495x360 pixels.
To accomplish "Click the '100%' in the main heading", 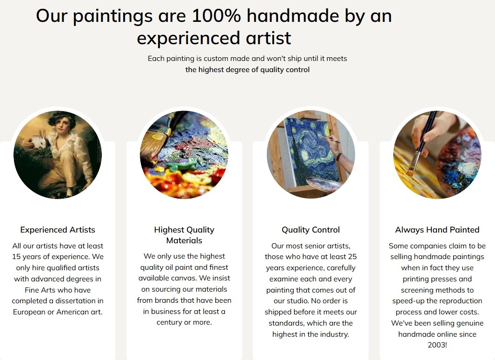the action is point(216,15).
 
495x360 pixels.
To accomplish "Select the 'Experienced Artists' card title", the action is point(58,230).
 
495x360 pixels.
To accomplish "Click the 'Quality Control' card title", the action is point(310,230).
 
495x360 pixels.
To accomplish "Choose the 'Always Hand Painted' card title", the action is point(437,230).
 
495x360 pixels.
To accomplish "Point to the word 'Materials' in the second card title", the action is point(184,240).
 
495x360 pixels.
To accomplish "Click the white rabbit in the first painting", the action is point(40,141).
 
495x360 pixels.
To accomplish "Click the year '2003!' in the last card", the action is point(437,345).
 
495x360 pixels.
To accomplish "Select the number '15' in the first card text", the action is point(16,257).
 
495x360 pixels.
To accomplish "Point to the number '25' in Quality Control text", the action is point(352,257).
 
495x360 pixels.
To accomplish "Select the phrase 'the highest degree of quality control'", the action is point(247,70).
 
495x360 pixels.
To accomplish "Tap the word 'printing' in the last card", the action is point(417,279).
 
